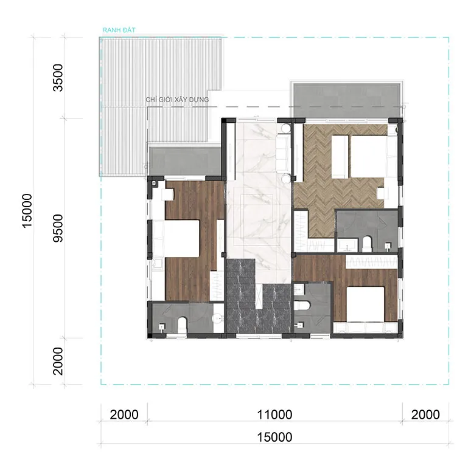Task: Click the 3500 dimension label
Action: (x=58, y=78)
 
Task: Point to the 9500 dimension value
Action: (x=58, y=228)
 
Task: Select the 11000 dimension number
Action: (x=274, y=414)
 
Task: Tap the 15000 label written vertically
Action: (x=27, y=211)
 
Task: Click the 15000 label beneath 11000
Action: (x=274, y=437)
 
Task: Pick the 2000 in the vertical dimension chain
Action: (x=58, y=361)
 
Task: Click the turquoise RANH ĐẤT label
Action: (x=119, y=30)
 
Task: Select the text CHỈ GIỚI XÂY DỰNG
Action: (x=177, y=100)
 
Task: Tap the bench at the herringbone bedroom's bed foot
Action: (x=340, y=157)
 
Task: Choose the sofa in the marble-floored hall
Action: (x=284, y=153)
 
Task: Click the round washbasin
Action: (x=217, y=318)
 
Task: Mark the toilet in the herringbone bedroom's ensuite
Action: (x=366, y=244)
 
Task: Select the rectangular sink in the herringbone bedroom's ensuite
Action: (x=347, y=245)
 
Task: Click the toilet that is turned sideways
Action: (x=302, y=306)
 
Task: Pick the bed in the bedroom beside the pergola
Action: (x=176, y=239)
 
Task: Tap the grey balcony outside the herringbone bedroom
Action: (x=347, y=101)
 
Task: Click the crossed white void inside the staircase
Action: (x=259, y=297)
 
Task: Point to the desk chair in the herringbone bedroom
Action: (x=382, y=193)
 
